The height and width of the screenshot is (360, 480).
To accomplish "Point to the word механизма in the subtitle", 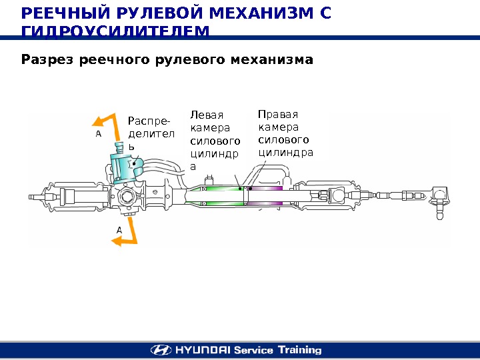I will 270,61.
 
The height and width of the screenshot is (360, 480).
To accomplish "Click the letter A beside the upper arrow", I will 98,133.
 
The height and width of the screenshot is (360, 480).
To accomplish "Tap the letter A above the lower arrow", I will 119,229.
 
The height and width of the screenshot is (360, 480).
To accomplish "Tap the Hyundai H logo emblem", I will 161,350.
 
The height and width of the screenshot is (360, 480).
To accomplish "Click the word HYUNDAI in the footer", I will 202,350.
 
